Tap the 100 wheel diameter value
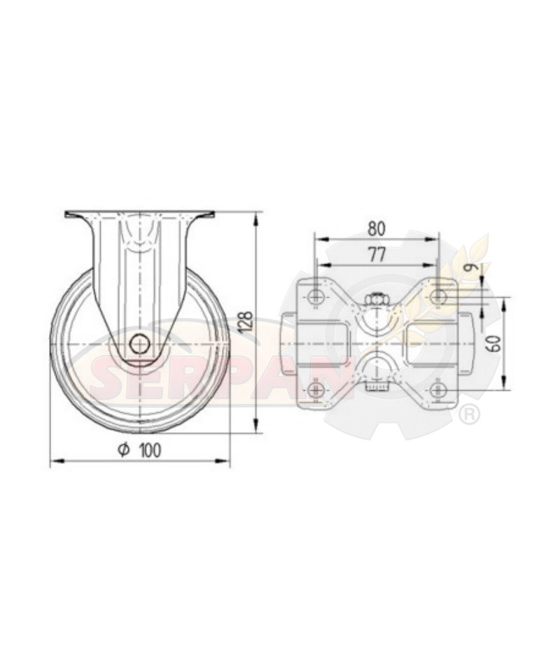click(150, 449)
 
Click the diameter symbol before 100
click(124, 449)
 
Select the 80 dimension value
click(377, 229)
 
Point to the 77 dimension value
click(377, 255)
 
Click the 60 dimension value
click(495, 343)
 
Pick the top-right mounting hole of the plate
click(437, 296)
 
